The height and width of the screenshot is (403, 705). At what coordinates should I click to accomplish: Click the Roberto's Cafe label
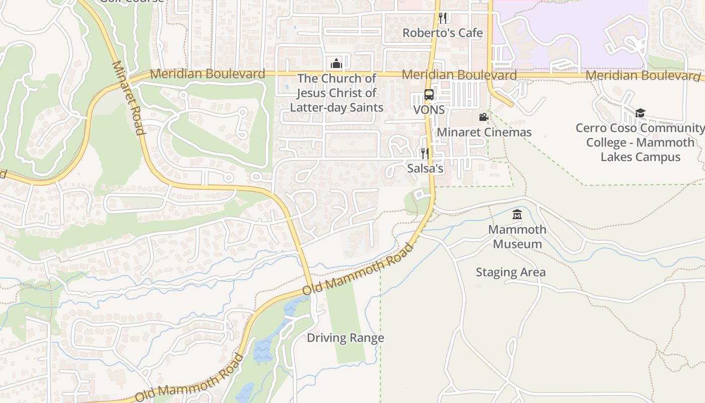tap(442, 33)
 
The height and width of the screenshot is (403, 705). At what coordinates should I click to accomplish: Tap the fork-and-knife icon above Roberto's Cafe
tap(443, 18)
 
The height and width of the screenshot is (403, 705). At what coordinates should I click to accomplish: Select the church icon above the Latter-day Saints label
tap(336, 63)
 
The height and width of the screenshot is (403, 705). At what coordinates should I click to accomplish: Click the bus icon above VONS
tap(429, 95)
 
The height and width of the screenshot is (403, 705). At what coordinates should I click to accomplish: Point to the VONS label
tap(429, 110)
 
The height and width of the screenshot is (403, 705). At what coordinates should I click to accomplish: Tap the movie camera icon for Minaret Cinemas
tap(483, 117)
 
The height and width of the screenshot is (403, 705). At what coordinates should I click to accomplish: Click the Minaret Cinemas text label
tap(484, 132)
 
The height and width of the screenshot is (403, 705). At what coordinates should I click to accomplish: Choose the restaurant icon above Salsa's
tap(425, 153)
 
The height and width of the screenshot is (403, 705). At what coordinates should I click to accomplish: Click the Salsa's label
tap(425, 168)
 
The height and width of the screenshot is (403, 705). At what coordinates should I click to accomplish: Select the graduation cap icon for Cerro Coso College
tap(640, 113)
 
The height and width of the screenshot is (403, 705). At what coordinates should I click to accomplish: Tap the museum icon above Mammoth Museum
tap(517, 215)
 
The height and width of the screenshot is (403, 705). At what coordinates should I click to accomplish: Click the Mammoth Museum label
tap(517, 237)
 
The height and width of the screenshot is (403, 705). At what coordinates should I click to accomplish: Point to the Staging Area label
tap(511, 273)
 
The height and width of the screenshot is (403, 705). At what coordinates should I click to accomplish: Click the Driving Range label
tap(345, 338)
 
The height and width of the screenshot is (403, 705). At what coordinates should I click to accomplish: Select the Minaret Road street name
tap(128, 98)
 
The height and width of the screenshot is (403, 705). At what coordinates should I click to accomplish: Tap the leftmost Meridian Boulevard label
tap(207, 74)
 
